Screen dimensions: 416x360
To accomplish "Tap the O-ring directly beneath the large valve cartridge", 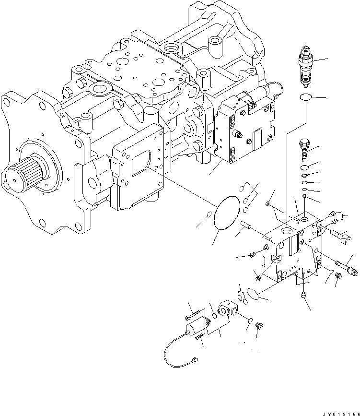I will (305, 98).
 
